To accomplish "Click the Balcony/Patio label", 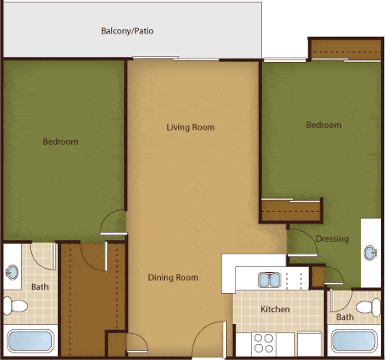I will coord(127,32).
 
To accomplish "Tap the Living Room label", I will coord(190,128).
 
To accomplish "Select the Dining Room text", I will coord(172,278).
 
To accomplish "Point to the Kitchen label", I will coord(275,310).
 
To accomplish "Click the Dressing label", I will coord(332,239).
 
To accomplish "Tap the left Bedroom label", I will coord(60,142).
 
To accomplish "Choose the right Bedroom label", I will coord(323,126).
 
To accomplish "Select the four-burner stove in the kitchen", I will coord(265,343).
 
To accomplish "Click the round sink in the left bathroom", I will coord(13,272).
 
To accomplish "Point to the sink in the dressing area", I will coord(372,253).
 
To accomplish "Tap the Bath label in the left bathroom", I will coord(40,286).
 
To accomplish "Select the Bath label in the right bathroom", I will coord(345,317).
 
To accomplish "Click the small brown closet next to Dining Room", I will coord(116,343).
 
